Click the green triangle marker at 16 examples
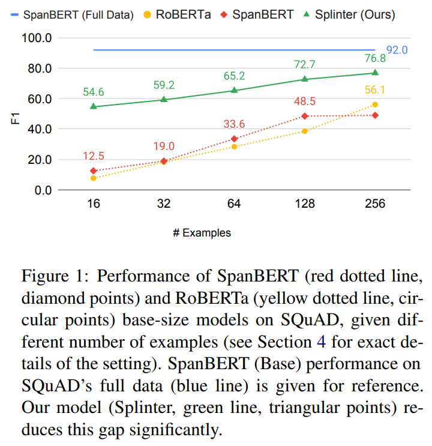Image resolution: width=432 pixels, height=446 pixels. (94, 106)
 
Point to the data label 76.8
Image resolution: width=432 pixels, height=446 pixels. (374, 59)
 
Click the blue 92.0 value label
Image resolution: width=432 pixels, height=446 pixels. (397, 50)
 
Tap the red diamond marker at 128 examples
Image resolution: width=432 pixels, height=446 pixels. (305, 116)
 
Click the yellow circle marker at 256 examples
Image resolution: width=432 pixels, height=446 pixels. (375, 104)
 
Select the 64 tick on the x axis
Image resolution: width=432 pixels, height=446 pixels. (234, 204)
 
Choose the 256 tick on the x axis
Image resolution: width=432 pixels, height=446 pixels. (374, 204)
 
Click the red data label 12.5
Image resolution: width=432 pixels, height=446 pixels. (93, 156)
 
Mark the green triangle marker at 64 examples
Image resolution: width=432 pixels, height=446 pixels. (235, 90)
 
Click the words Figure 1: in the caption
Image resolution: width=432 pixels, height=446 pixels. (55, 277)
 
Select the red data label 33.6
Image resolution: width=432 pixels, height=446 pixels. (234, 124)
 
